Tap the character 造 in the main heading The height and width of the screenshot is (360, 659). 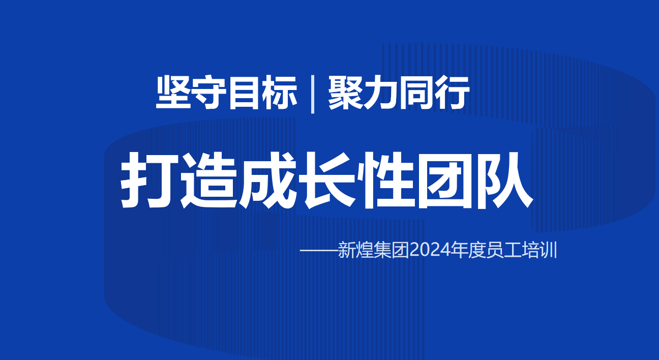coord(208,180)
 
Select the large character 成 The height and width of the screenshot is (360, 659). coord(267,180)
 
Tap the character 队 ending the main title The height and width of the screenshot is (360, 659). coord(504,180)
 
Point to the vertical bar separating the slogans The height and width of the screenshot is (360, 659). coord(312,94)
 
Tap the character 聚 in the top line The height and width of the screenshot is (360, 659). coord(346,93)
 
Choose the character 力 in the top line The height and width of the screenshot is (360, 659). coord(381,93)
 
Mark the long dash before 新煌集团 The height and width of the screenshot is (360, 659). coord(319,251)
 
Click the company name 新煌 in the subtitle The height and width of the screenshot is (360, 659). coord(356,250)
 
